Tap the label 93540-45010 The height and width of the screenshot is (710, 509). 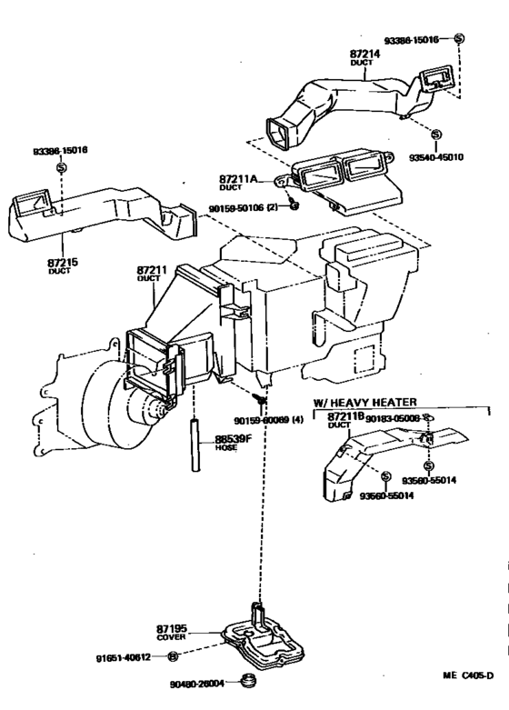click(435, 156)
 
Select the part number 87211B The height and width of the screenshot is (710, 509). click(345, 416)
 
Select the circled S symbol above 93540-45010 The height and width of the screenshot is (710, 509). click(435, 135)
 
